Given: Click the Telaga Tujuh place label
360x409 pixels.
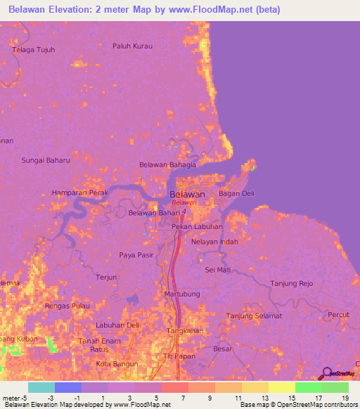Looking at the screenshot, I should tap(34, 50).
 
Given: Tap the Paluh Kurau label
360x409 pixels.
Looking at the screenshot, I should tap(132, 46).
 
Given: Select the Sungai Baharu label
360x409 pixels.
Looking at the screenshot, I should tap(46, 160).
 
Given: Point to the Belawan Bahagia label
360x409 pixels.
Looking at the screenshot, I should tap(168, 164).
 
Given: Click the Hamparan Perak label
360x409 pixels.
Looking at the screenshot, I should tap(79, 193).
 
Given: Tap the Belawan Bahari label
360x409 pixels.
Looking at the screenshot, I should tap(154, 213).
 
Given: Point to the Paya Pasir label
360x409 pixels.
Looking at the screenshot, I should tap(136, 254).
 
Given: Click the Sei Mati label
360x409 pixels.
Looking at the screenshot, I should tap(217, 269).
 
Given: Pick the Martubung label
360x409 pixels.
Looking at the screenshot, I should tap(182, 293).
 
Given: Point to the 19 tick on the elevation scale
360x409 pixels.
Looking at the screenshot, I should tap(345, 397).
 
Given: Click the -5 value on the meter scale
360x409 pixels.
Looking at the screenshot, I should tap(25, 397).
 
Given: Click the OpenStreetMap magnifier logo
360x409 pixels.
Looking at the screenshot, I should tap(326, 373).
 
